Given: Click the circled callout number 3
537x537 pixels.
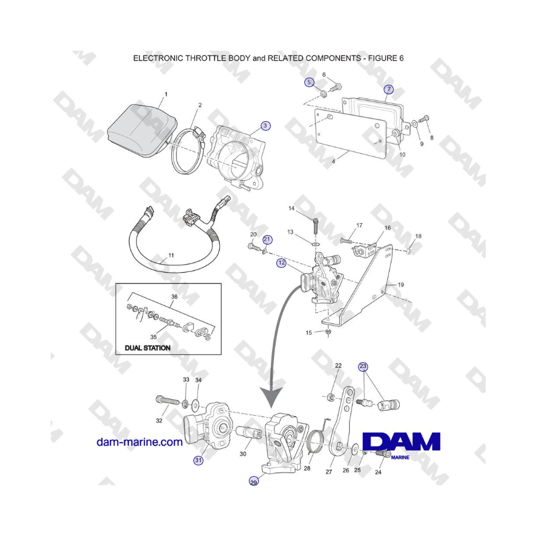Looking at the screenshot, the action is (265, 126).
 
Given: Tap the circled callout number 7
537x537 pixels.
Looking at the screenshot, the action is (388, 89).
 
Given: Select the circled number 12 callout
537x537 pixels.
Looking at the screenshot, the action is (282, 263).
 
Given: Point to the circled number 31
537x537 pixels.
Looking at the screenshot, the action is (198, 460).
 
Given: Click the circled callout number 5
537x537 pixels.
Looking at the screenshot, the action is (309, 82).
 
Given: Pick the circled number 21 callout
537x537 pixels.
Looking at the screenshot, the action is (267, 240).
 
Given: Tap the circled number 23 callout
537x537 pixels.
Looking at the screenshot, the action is (363, 366).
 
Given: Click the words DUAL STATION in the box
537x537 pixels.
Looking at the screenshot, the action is (147, 348).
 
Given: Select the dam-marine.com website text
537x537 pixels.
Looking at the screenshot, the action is (140, 442).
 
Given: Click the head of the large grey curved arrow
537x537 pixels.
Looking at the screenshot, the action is (271, 397).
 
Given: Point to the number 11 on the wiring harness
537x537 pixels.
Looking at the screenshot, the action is (171, 255).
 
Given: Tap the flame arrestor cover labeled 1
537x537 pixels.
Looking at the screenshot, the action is (141, 131).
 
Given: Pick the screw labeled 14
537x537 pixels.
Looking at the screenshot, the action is (316, 226).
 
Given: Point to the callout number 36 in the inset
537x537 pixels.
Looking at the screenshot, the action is (174, 297).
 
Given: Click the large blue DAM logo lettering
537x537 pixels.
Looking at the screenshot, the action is (401, 442).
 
